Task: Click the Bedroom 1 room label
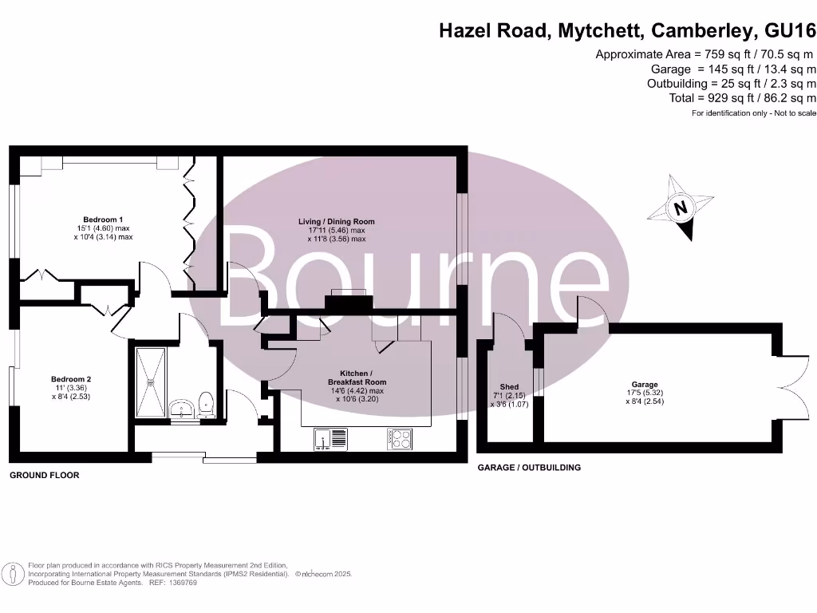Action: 103,219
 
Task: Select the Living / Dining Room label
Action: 336,222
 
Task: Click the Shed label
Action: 509,387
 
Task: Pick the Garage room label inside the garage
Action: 645,385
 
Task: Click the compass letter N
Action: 681,209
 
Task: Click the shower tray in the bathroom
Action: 149,382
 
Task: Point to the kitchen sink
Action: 331,438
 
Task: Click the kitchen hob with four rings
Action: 400,438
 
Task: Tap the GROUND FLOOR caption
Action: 44,475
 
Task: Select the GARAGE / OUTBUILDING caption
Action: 529,468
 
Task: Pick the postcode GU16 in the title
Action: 790,31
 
